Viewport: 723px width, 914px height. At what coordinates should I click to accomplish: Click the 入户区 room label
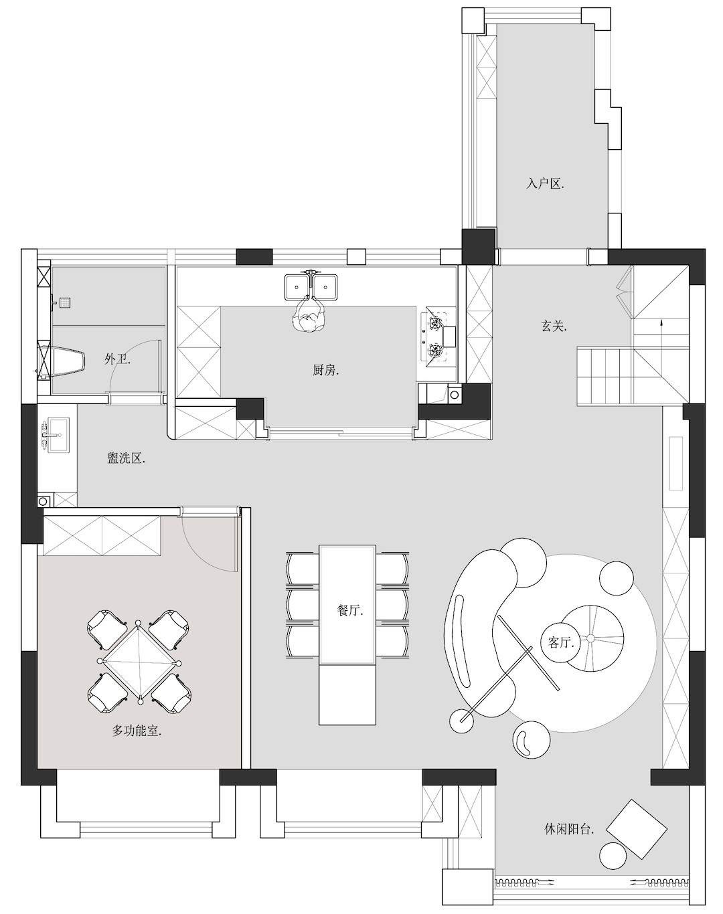click(544, 184)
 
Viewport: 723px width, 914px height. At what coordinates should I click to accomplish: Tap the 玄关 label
click(554, 326)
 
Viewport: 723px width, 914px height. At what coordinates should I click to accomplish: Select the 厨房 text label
click(325, 371)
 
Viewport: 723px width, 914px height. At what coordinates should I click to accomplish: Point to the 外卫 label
click(117, 359)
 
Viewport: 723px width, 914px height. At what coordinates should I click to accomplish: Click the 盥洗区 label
click(127, 458)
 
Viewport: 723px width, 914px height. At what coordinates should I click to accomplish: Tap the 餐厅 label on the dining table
click(350, 611)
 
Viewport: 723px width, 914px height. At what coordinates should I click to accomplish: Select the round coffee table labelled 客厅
click(560, 642)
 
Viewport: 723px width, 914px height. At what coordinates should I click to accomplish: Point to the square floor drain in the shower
click(65, 303)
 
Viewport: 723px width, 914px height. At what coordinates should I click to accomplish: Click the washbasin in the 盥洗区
click(58, 434)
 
